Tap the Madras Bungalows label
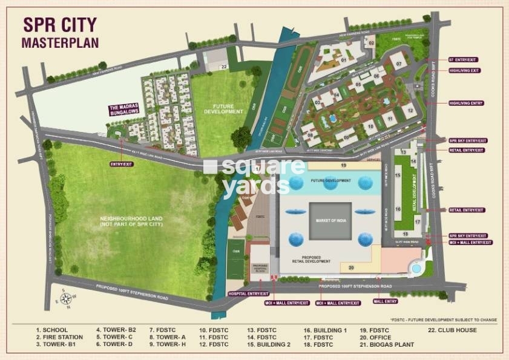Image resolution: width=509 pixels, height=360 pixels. pos(125,110)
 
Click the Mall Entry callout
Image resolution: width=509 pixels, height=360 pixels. pos(385,301)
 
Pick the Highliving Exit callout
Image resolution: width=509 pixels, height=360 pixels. pos(464,71)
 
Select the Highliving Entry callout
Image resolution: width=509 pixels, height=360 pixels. pos(465,103)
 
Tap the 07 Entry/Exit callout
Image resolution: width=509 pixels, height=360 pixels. pos(464,60)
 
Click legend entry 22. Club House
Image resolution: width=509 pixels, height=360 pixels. pos(453,330)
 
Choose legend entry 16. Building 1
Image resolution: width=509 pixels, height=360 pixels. pos(325,330)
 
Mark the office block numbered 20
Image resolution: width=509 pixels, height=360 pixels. pos(351,266)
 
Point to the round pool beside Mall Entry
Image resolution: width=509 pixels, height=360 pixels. pos(416,267)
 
